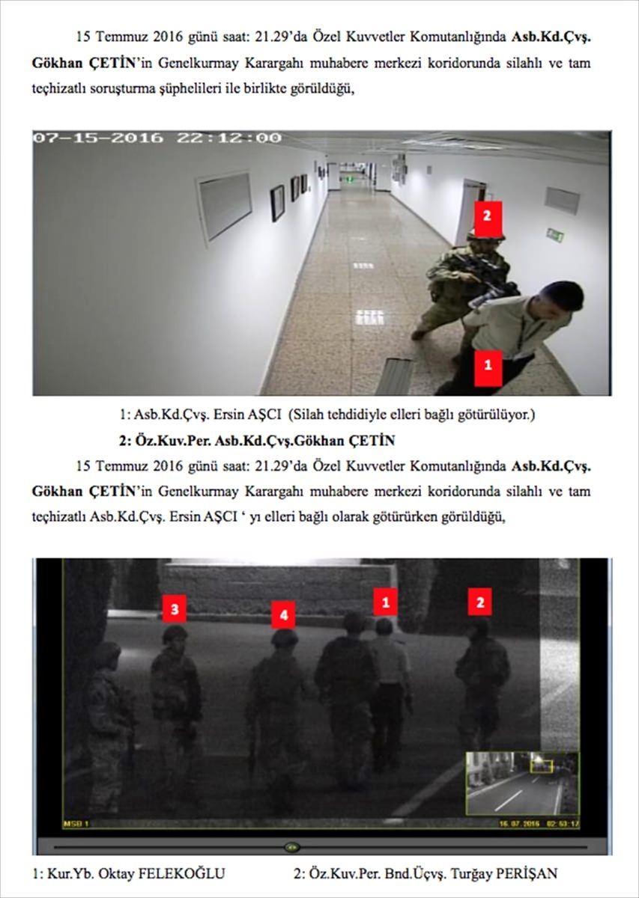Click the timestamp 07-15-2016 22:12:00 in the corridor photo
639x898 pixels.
pos(157,138)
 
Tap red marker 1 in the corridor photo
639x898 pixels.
pos(488,366)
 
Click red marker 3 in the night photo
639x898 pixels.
pos(174,609)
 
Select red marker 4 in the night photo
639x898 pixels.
pos(282,615)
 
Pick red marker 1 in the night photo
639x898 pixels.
pos(386,600)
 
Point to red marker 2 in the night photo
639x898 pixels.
pos(480,601)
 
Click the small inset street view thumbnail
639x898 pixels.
pos(522,783)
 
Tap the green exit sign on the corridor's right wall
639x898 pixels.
pos(554,235)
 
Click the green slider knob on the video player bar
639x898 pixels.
pos(293,847)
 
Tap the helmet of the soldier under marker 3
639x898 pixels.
pos(175,634)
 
